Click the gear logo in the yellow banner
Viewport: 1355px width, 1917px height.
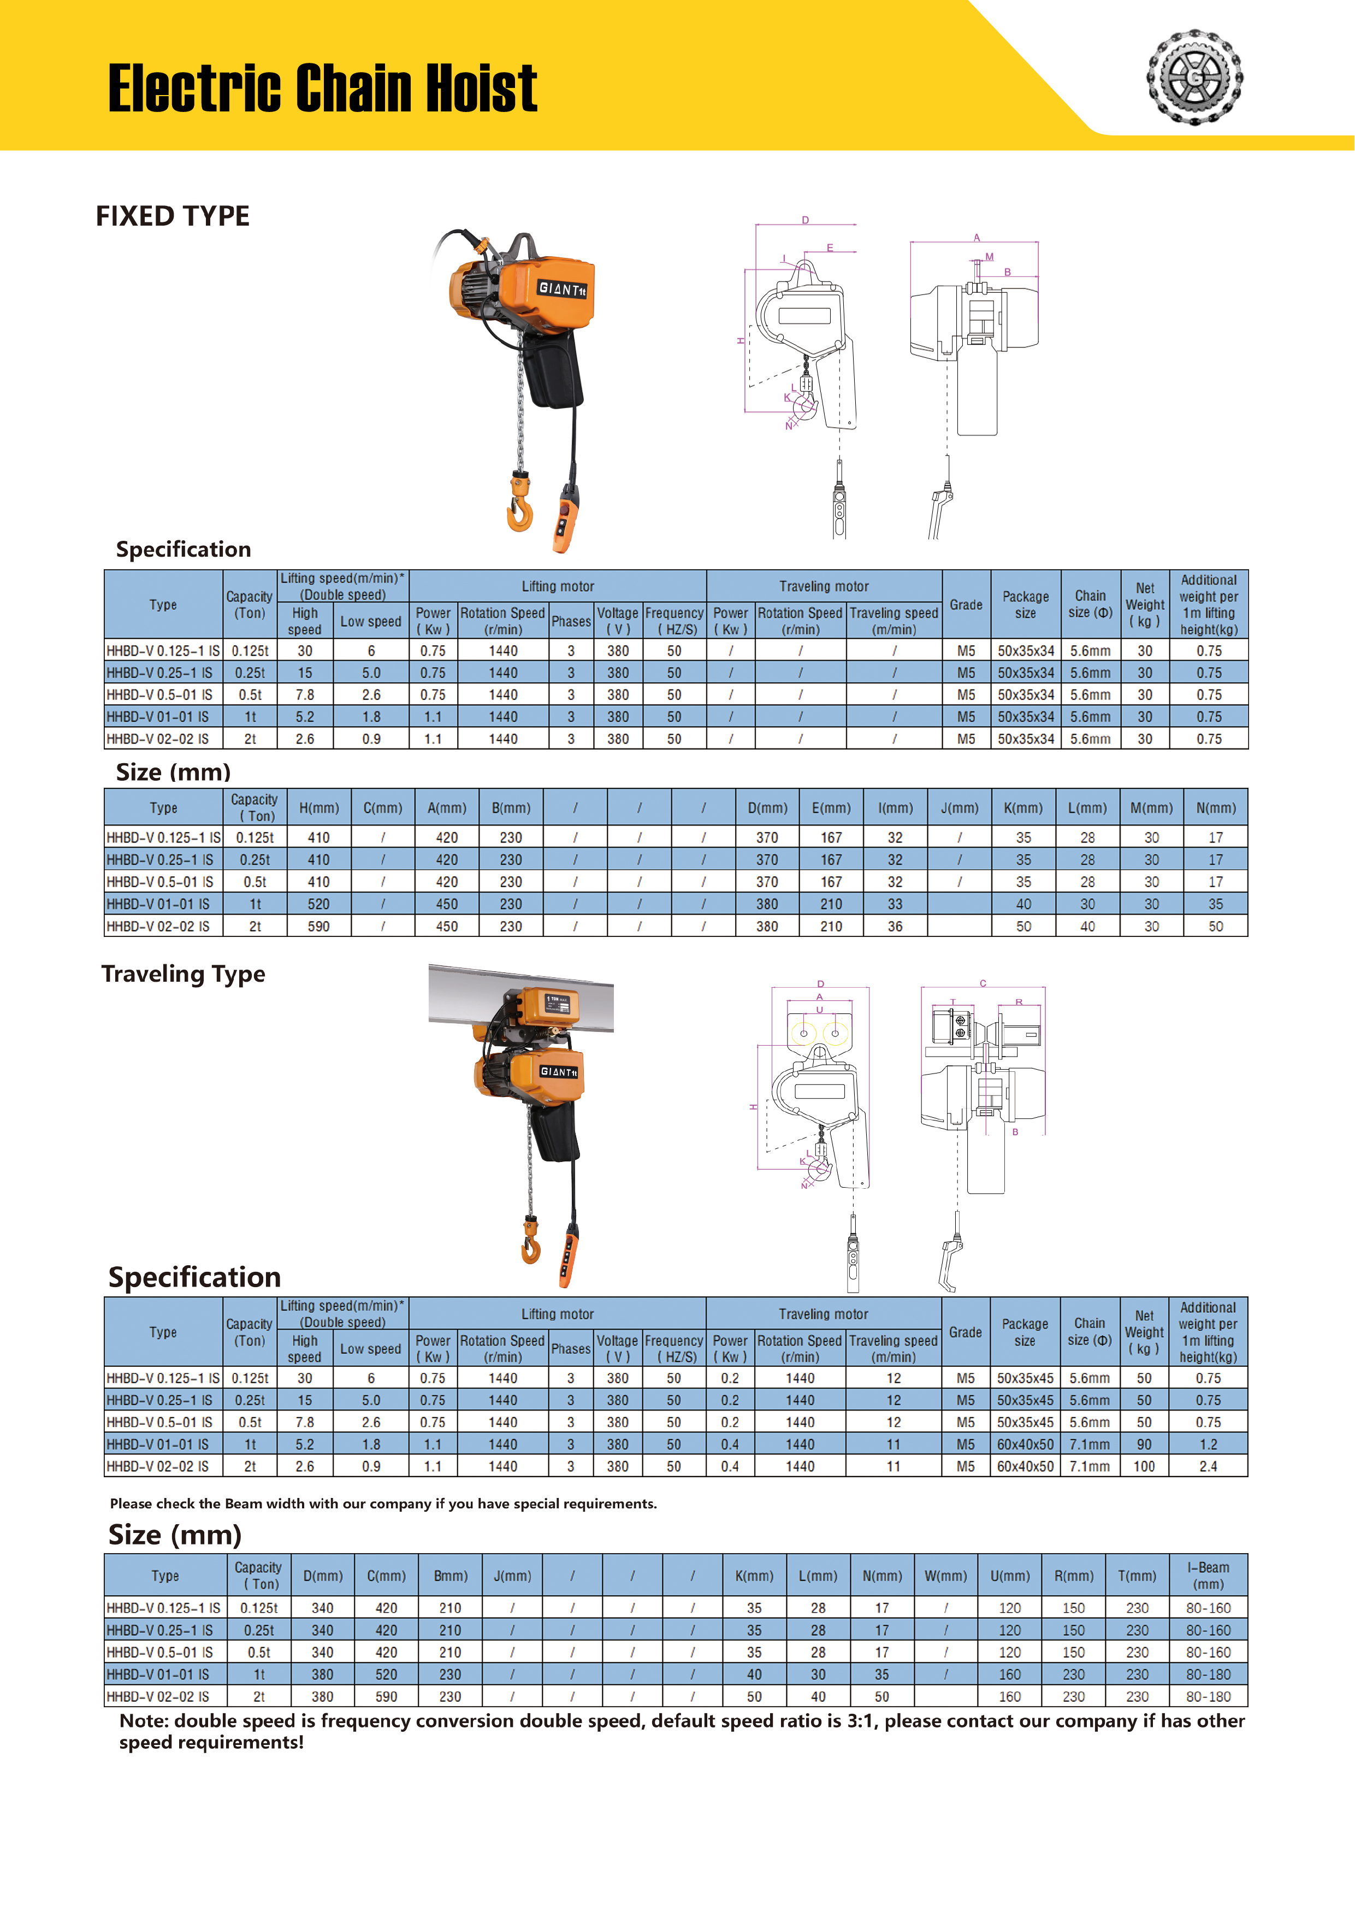[x=1194, y=78]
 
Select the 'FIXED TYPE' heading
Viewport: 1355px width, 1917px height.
[x=173, y=216]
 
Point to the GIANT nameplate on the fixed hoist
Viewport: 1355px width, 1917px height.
[x=563, y=289]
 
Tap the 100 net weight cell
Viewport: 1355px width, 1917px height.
[x=1144, y=1466]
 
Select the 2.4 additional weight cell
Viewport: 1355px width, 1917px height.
[x=1208, y=1466]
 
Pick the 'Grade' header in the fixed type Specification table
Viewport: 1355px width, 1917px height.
[x=966, y=604]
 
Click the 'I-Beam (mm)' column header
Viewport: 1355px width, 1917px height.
[x=1208, y=1576]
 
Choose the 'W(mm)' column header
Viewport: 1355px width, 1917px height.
[x=945, y=1576]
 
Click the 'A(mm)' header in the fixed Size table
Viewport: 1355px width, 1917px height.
[x=447, y=807]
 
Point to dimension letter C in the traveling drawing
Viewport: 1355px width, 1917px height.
[x=983, y=983]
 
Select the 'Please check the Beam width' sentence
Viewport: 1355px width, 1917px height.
[x=383, y=1503]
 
